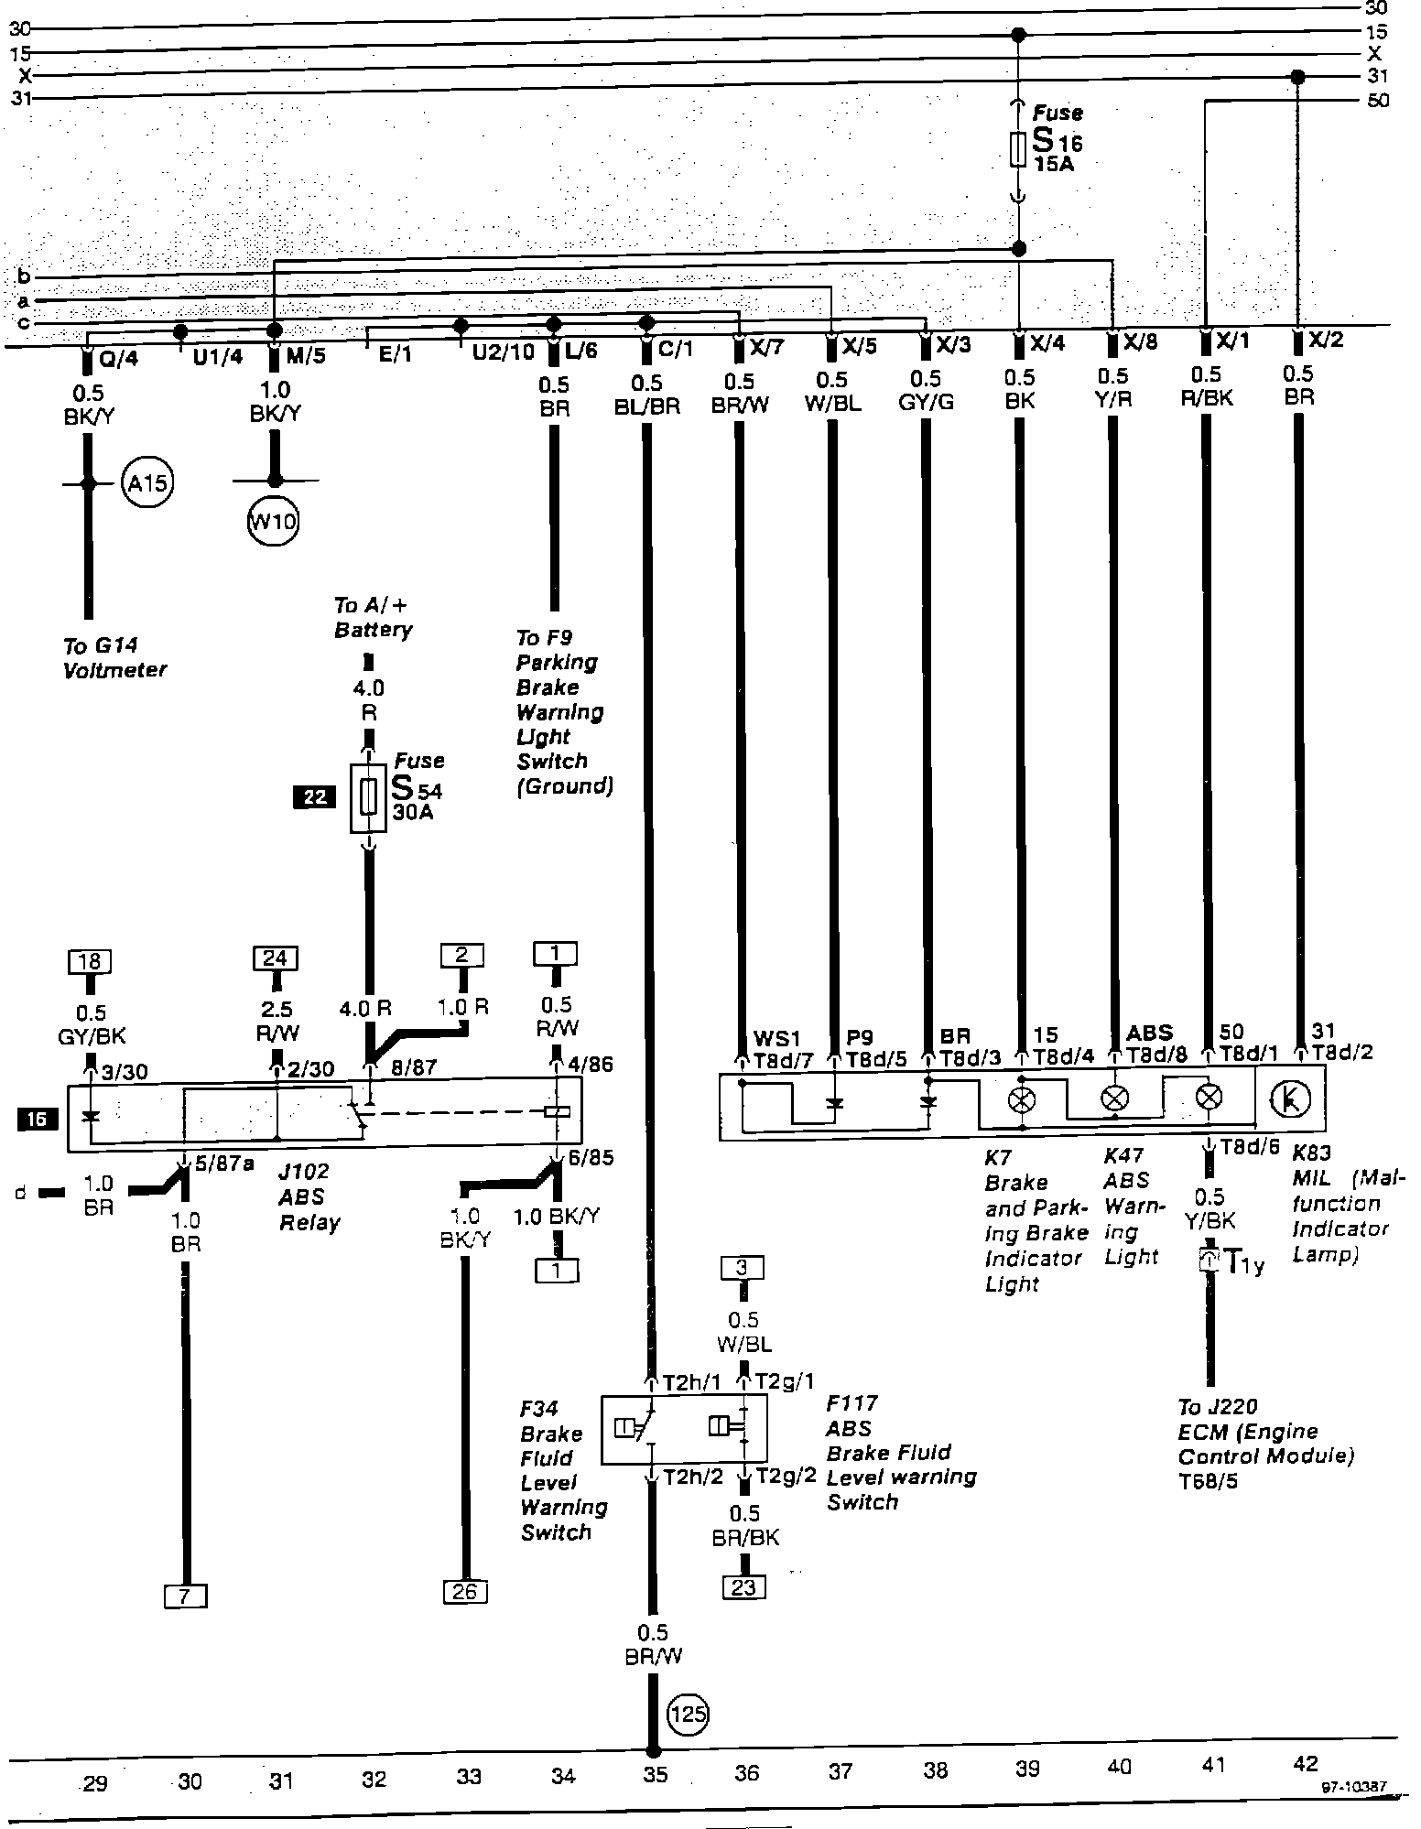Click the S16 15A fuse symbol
click(x=1017, y=149)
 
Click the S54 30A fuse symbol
click(x=368, y=797)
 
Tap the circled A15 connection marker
click(x=147, y=482)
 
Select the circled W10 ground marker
click(x=274, y=523)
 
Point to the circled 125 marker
click(x=689, y=1712)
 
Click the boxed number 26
click(x=465, y=1591)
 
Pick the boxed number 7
click(x=185, y=1596)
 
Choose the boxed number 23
click(x=743, y=1586)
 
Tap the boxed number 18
click(x=90, y=961)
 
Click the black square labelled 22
click(x=314, y=796)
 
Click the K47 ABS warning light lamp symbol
click(x=1114, y=1098)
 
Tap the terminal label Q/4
click(x=117, y=358)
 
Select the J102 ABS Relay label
click(x=309, y=1196)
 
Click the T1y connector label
click(x=1244, y=1265)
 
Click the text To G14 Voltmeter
click(x=114, y=658)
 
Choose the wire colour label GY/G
click(x=926, y=401)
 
